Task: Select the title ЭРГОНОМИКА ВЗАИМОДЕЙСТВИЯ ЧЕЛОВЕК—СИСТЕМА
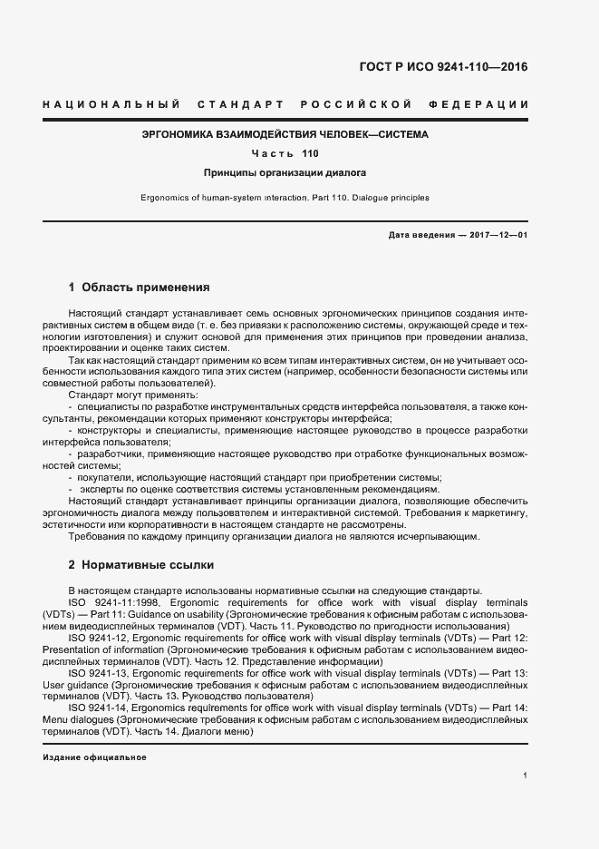[x=285, y=134]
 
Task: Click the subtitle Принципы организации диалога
[x=285, y=172]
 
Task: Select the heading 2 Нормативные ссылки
[x=140, y=564]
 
